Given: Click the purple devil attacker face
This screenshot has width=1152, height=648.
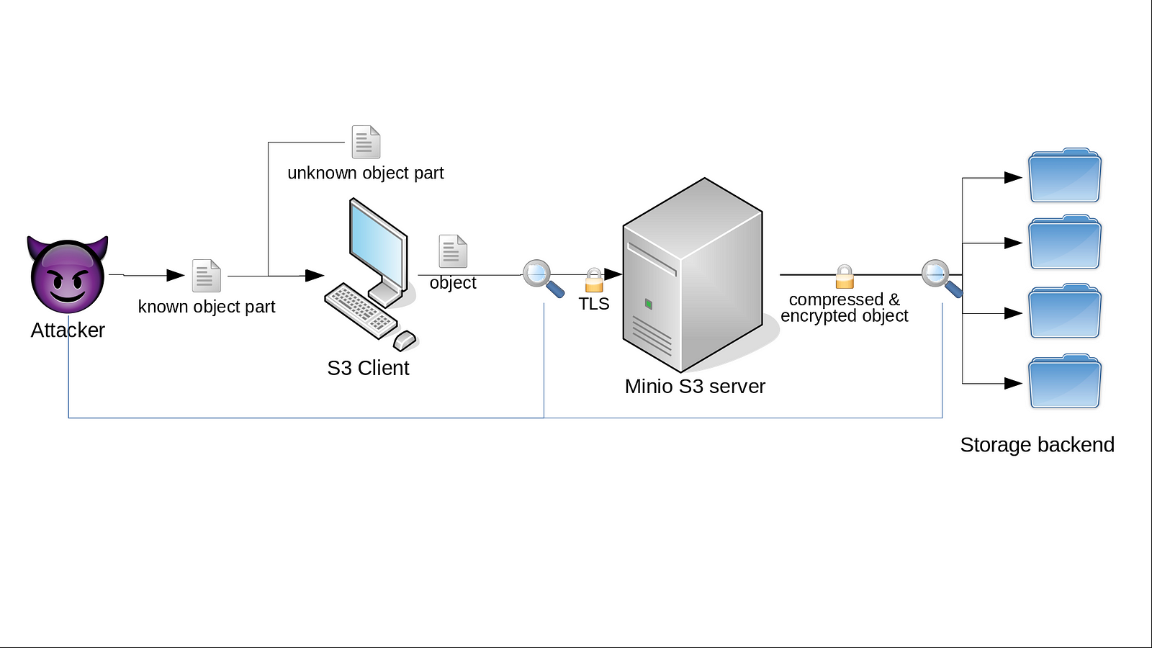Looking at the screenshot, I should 68,275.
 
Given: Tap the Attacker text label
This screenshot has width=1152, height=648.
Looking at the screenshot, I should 68,330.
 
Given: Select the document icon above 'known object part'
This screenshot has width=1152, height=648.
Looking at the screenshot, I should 207,275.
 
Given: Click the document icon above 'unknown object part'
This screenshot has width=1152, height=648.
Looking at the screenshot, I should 366,142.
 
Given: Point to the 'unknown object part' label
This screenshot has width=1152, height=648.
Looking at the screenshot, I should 365,173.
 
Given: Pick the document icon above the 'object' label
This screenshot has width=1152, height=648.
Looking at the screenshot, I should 453,251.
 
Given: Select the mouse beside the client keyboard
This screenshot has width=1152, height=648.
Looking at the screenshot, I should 405,339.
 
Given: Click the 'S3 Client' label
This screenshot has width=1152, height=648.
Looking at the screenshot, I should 368,368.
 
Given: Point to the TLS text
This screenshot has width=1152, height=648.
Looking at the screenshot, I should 594,304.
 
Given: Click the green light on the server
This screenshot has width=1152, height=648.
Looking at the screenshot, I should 649,305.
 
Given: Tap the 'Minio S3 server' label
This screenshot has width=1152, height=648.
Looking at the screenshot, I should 695,387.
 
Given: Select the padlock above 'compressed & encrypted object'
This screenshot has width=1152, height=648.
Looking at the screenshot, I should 845,276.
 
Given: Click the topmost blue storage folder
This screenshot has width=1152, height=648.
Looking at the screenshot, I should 1064,176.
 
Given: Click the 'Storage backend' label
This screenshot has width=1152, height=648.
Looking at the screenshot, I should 1037,445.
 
